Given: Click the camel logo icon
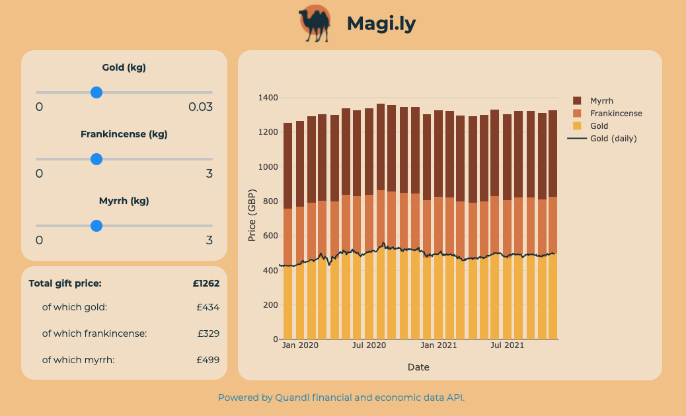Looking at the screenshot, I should [315, 24].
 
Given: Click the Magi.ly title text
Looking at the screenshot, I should [381, 24].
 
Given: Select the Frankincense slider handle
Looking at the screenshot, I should [96, 159].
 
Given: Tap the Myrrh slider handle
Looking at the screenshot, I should [96, 226].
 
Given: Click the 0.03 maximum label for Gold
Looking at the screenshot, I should [200, 107].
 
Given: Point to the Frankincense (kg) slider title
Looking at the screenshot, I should [124, 134].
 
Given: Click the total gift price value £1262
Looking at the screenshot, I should [206, 283].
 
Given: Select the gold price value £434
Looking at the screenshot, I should [208, 307].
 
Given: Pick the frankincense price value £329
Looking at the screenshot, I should [208, 333].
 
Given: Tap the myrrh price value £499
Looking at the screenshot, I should [208, 360].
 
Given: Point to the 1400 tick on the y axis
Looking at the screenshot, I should [268, 98].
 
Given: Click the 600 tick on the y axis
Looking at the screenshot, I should [271, 236].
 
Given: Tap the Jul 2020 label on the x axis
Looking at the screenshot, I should [369, 345].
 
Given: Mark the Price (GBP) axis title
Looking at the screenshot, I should [252, 218].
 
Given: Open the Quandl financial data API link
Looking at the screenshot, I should [341, 398].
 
